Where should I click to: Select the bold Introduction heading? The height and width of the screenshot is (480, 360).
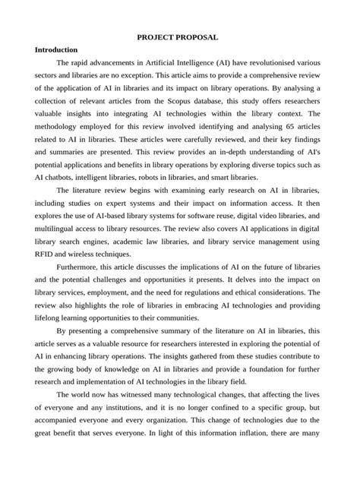click(57, 49)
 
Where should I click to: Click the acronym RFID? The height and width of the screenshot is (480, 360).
click(48, 253)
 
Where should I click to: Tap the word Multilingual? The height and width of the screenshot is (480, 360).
click(58, 227)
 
